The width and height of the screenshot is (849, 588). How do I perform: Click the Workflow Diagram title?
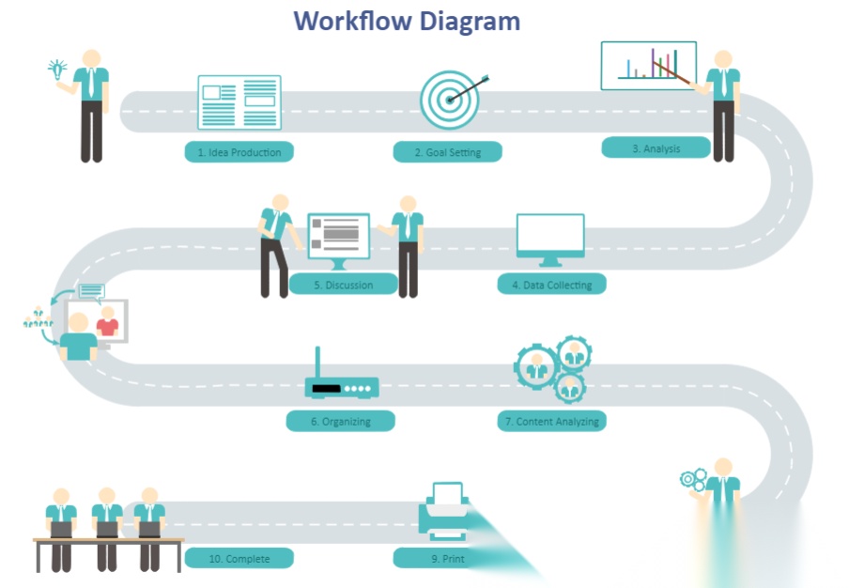click(x=407, y=20)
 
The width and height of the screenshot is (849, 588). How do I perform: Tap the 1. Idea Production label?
click(x=239, y=152)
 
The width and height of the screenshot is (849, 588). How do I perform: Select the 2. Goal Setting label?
click(x=447, y=152)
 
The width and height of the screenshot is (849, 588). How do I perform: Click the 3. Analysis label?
click(x=656, y=148)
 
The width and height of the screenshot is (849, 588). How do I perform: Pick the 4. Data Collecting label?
click(x=551, y=285)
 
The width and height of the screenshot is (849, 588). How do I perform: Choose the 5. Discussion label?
click(x=343, y=285)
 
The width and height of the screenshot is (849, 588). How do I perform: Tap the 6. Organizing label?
click(x=340, y=422)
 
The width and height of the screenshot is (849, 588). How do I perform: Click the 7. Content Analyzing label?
click(x=550, y=422)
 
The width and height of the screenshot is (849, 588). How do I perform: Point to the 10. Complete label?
click(x=239, y=559)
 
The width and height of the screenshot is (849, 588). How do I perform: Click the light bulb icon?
click(x=57, y=69)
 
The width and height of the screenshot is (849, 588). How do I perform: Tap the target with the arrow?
click(x=451, y=99)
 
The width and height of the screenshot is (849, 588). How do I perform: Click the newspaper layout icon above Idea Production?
click(x=239, y=101)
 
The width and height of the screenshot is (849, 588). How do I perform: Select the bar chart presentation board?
click(x=649, y=65)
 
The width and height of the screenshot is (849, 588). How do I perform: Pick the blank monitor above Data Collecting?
click(x=550, y=238)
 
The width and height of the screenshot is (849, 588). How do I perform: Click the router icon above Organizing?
click(x=341, y=382)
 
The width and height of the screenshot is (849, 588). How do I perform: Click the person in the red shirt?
click(x=108, y=322)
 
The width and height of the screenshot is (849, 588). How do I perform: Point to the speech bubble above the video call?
click(x=91, y=291)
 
